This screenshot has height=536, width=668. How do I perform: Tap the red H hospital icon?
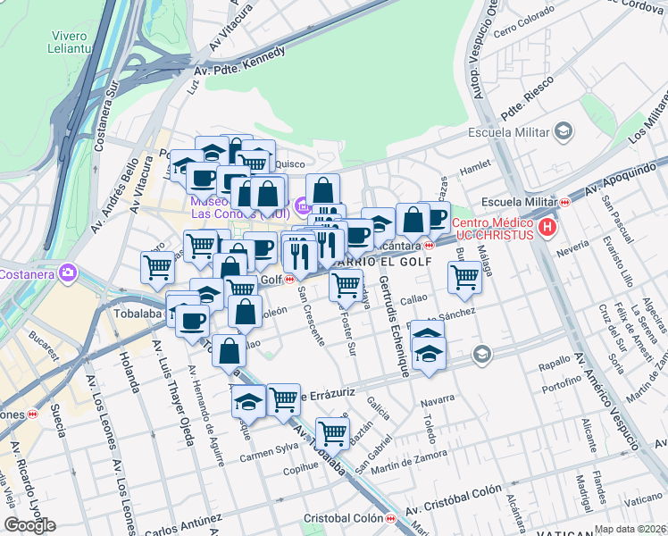tap(548, 229)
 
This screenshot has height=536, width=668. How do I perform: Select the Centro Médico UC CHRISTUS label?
tap(493, 229)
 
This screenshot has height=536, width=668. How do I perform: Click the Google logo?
tap(29, 525)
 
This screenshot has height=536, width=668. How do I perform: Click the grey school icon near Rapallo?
tap(482, 355)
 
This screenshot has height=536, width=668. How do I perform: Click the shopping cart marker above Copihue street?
tap(332, 433)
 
